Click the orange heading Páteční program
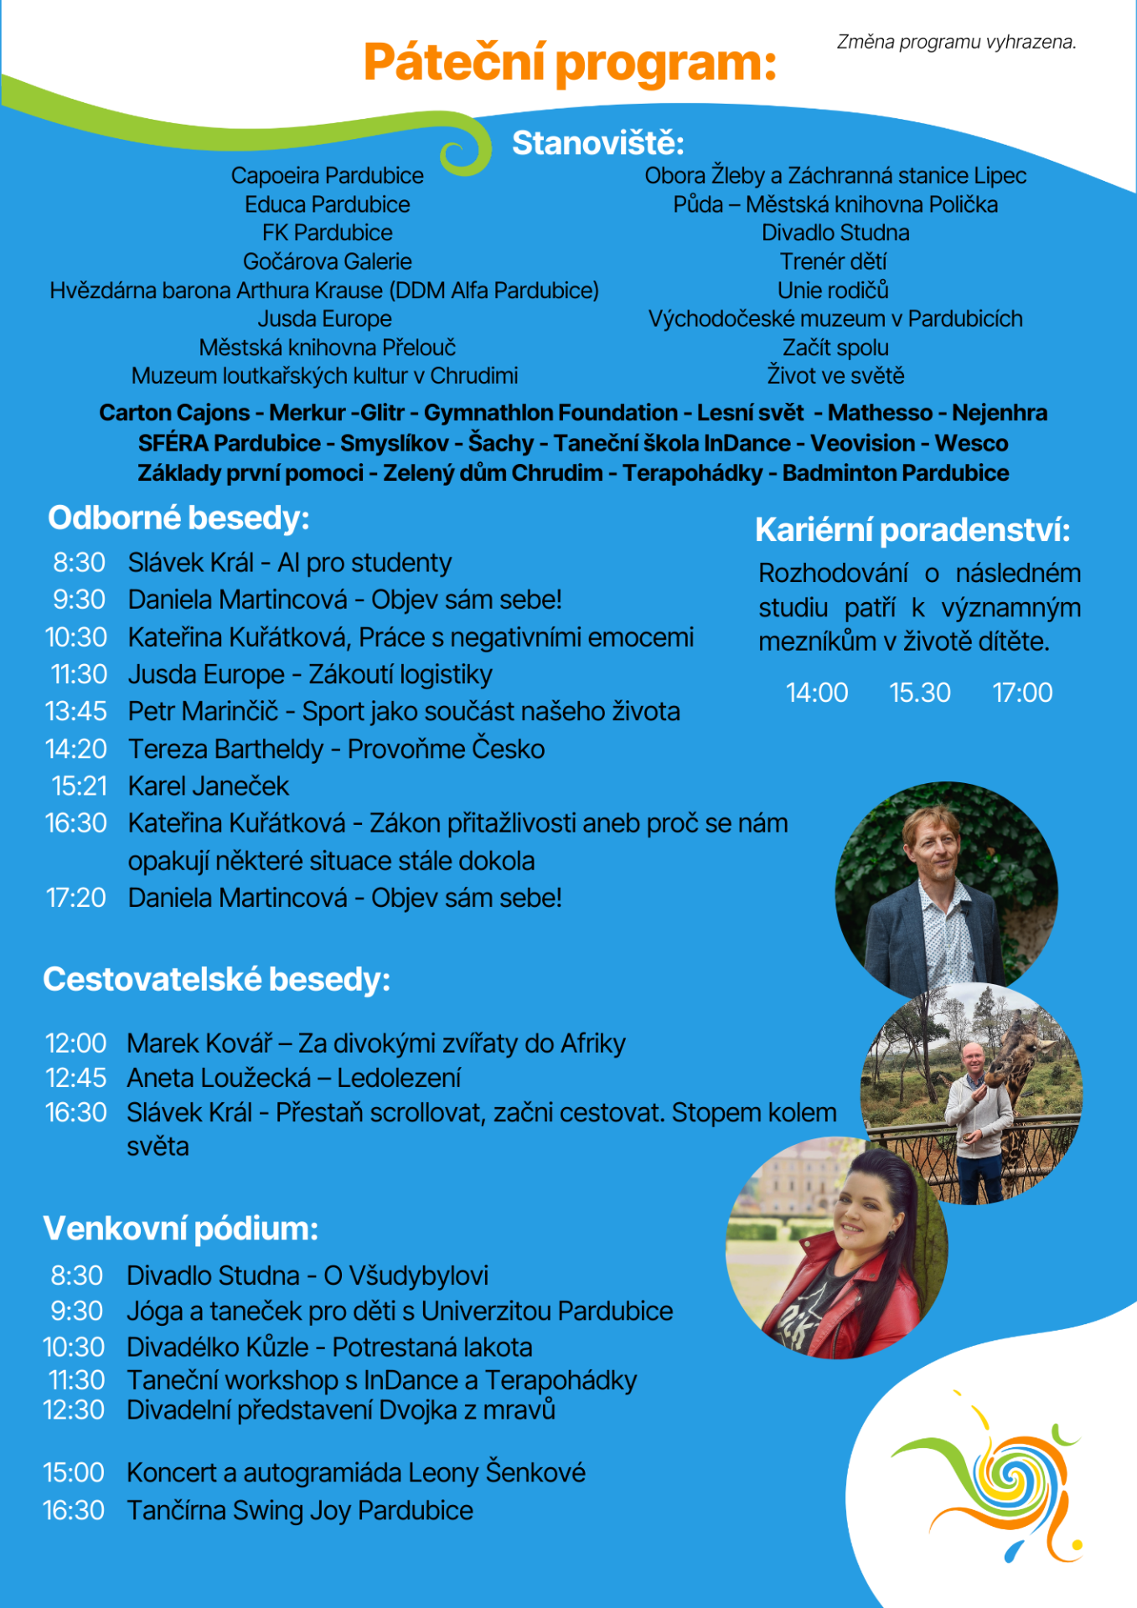pos(570,63)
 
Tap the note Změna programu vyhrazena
pos(956,42)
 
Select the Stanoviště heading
pos(598,143)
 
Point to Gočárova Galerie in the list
pos(327,261)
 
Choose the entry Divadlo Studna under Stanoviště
pos(835,233)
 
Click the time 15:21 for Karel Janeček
pos(80,786)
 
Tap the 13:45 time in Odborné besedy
pos(76,711)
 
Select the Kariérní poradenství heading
pos(912,530)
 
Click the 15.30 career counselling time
pos(919,693)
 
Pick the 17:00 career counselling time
pos(1022,693)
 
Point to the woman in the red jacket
pos(838,1248)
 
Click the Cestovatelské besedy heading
pos(216,979)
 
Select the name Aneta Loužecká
pos(219,1078)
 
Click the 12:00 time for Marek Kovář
pos(75,1044)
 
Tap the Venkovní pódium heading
pos(180,1229)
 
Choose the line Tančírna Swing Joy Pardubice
pos(300,1510)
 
